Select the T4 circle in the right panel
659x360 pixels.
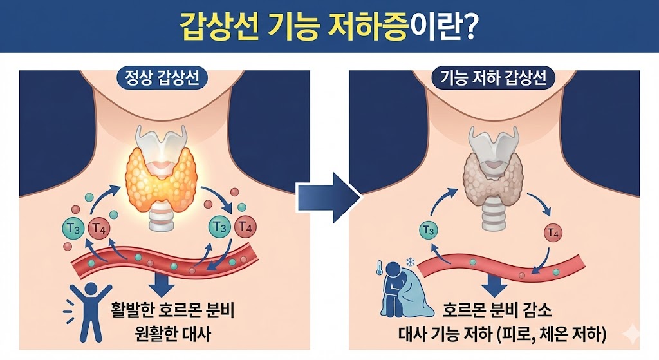553,231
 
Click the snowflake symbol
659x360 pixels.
409,261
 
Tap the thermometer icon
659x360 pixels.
380,269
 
